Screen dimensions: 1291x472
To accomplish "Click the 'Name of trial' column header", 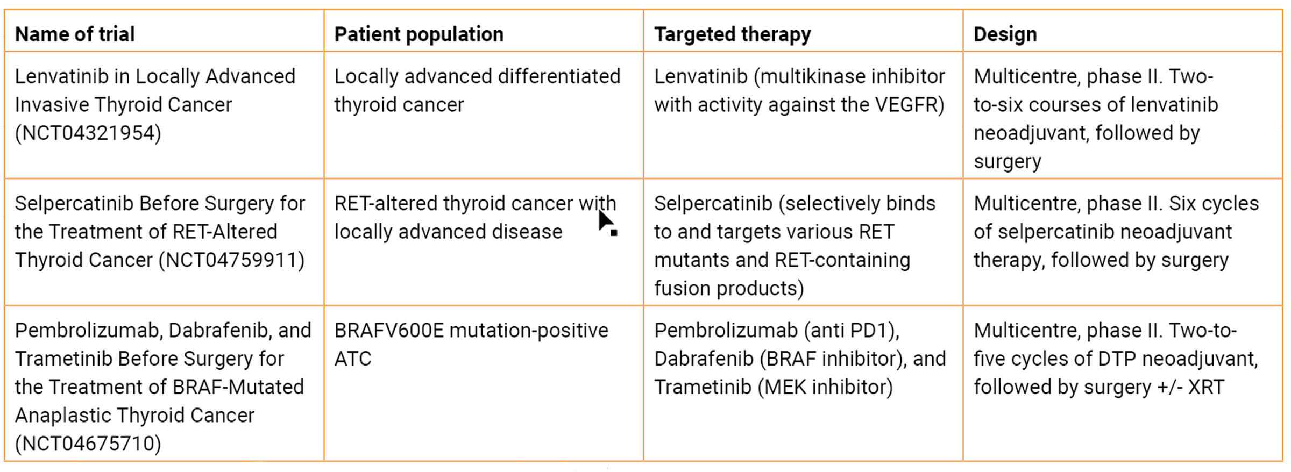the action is [x=75, y=34].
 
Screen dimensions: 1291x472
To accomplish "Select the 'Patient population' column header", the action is [x=419, y=34].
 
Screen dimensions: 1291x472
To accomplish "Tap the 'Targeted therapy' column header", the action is [x=733, y=34].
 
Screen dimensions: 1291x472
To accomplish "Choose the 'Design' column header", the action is [x=1005, y=34].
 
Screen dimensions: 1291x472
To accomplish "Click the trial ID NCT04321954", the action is [x=88, y=133].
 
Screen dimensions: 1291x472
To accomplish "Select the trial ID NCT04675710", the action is [x=88, y=444].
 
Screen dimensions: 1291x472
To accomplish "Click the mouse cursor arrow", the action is [x=607, y=222].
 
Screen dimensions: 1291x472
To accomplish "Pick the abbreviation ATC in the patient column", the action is [x=353, y=359].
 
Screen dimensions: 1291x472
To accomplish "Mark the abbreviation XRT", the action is [x=1206, y=387].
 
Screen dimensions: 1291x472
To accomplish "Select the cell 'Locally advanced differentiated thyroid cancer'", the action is [x=477, y=90].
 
